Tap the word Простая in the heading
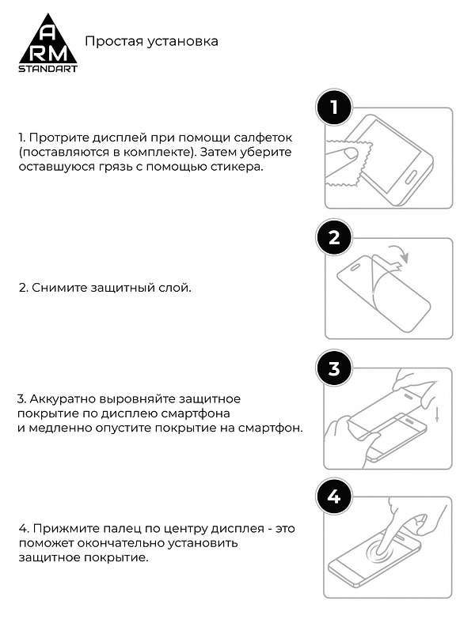tap(109, 40)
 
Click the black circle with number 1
tap(334, 108)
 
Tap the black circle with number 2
tap(334, 238)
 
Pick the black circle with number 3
tap(334, 368)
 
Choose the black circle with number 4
tap(334, 497)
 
